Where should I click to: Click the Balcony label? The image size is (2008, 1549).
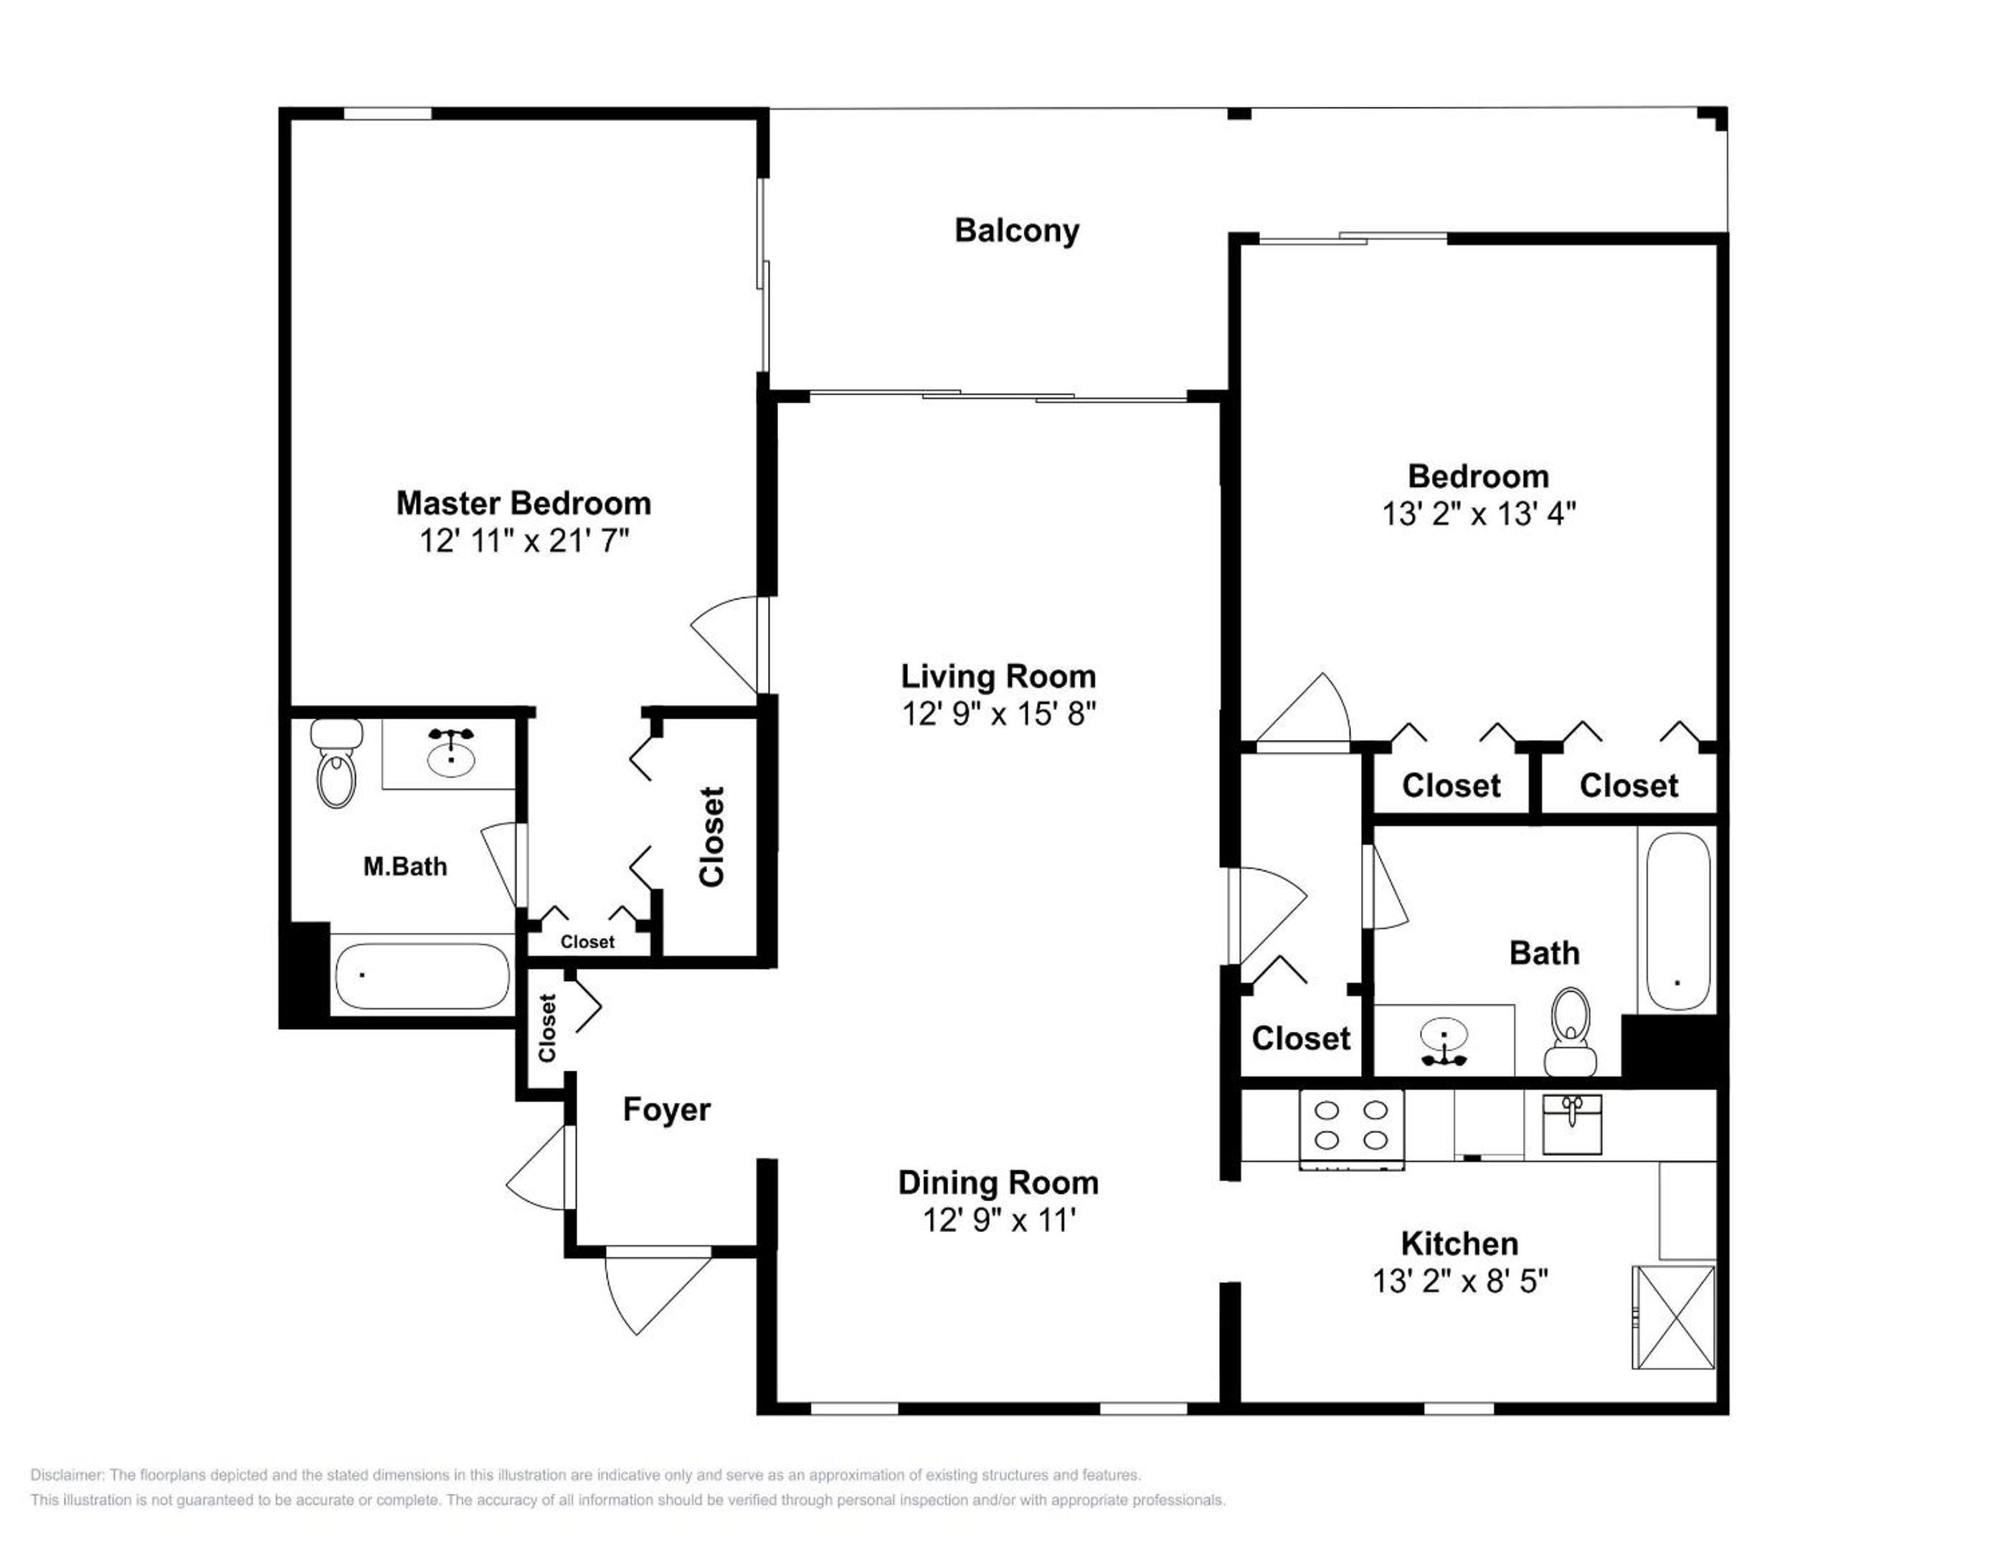tap(1016, 231)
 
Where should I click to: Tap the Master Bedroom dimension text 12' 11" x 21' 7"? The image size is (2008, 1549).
tap(524, 541)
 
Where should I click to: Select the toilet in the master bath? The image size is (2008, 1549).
tap(336, 763)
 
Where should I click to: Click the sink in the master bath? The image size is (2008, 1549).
tap(451, 753)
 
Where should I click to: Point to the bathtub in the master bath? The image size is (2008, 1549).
tap(422, 976)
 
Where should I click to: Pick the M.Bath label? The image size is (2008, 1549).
tap(404, 867)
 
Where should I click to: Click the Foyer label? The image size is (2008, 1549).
tap(666, 1109)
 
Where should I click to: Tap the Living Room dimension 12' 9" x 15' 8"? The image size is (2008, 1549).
tap(998, 714)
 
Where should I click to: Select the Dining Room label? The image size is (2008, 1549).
tap(998, 1183)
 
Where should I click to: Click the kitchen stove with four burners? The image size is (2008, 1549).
tap(1350, 1129)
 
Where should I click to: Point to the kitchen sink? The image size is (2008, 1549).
tap(1571, 1123)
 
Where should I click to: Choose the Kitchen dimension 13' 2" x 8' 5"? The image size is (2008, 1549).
tap(1460, 1282)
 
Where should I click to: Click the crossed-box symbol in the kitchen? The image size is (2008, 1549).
tap(1673, 1317)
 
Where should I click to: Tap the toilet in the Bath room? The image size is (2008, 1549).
tap(1571, 1031)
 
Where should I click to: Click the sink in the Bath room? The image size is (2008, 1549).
tap(1444, 1041)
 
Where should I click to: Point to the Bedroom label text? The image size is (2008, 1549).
tap(1479, 476)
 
